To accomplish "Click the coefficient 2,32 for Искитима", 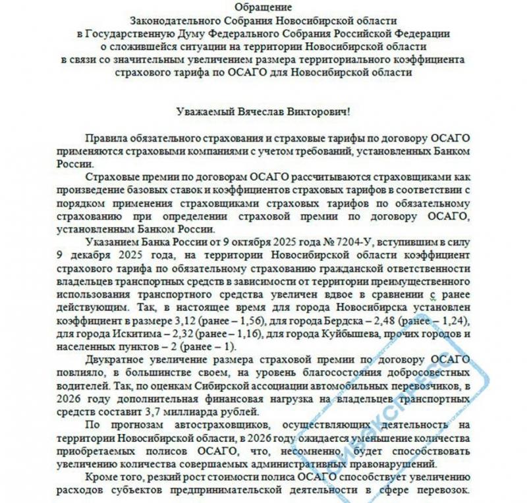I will point(169,335).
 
